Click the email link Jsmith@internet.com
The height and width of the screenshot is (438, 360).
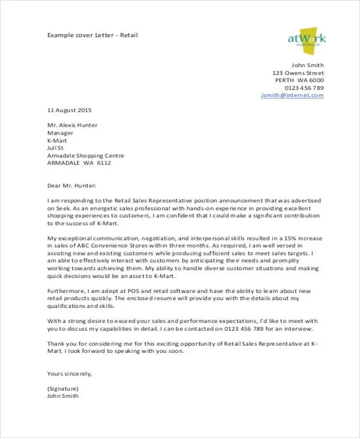[x=292, y=95]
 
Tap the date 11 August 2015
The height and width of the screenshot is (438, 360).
[x=70, y=110]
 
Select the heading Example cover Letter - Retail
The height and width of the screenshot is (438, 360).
[x=92, y=35]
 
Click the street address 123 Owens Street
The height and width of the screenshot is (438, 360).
[x=298, y=73]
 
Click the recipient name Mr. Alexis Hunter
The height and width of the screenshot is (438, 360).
[x=72, y=125]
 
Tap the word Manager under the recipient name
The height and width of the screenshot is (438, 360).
[x=60, y=133]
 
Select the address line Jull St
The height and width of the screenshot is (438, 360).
[x=55, y=148]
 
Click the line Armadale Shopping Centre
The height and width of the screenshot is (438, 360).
[x=86, y=155]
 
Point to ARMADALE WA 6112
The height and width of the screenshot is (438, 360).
[x=79, y=163]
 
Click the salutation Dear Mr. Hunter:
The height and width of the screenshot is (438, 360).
[x=71, y=185]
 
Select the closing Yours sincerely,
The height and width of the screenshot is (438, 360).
[x=70, y=373]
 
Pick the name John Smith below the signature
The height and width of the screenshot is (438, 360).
[x=62, y=396]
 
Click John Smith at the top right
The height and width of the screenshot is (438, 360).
[x=307, y=65]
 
